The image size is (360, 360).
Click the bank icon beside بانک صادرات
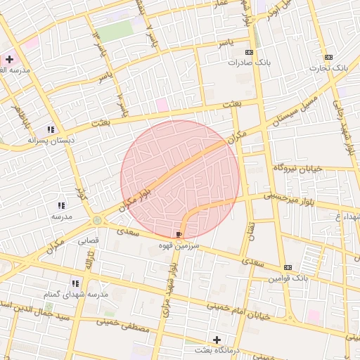coord(249,52)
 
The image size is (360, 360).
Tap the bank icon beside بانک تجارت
coord(328,57)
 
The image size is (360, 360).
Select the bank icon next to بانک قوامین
coord(288,267)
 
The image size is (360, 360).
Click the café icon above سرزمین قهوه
coord(179,234)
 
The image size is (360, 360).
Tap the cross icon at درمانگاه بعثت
coord(217,340)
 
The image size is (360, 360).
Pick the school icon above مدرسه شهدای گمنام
coord(74,283)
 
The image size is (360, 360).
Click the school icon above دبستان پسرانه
coord(50,129)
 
